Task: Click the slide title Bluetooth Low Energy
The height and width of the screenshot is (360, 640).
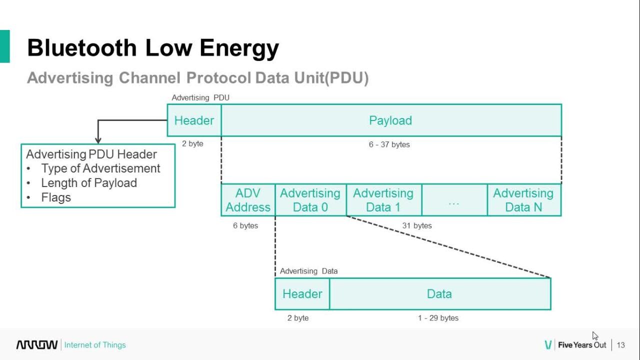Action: click(x=153, y=48)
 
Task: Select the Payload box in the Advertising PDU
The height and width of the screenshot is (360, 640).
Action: click(x=390, y=120)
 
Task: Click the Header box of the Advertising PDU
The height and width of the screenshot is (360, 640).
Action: click(x=194, y=120)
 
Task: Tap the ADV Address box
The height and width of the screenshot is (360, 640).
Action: click(x=248, y=200)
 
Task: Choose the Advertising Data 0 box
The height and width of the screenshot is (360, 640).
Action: click(x=310, y=200)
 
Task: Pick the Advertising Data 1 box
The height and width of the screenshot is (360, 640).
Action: click(x=383, y=200)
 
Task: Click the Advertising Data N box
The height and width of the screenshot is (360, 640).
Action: click(x=523, y=200)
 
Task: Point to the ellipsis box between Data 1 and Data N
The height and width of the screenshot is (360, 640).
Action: click(x=454, y=200)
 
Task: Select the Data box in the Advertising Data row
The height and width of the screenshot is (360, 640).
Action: click(x=439, y=294)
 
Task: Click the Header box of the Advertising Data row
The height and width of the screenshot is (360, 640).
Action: click(x=302, y=294)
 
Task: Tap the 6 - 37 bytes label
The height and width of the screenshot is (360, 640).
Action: click(x=389, y=144)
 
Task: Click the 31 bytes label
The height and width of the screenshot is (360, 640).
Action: click(x=417, y=225)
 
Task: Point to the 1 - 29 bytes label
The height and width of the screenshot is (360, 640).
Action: click(x=438, y=318)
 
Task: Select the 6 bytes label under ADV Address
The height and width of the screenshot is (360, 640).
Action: click(x=245, y=225)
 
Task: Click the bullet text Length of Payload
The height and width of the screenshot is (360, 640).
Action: click(x=89, y=183)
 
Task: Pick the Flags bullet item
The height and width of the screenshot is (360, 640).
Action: click(x=56, y=197)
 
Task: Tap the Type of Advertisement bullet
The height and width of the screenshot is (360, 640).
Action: click(x=100, y=168)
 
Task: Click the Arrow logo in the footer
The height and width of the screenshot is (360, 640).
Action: click(x=37, y=345)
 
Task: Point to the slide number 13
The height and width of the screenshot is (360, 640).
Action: click(x=621, y=345)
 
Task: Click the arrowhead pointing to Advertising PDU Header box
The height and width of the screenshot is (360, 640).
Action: click(x=98, y=140)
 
